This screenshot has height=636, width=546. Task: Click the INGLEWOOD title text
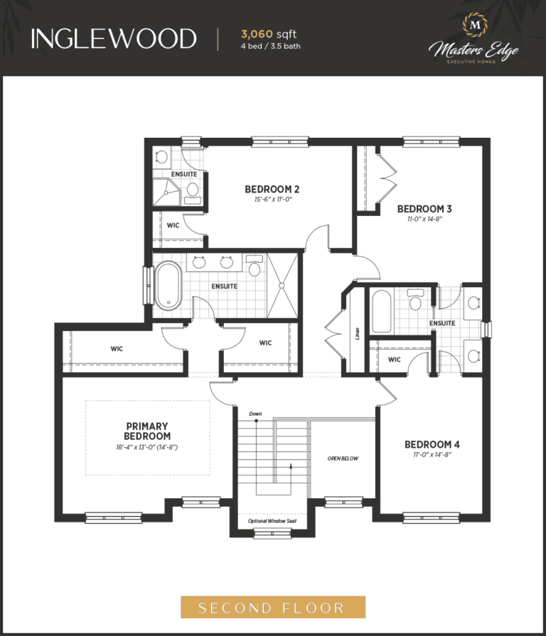coord(114,39)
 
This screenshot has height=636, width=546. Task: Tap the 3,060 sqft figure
coord(269,34)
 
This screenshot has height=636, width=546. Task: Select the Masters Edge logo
coord(473,39)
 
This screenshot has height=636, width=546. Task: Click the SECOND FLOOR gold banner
coord(273,607)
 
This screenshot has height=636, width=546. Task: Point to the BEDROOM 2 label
coord(272,189)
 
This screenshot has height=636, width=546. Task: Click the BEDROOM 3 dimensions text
coord(424,219)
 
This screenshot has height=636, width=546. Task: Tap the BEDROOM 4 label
coord(432,445)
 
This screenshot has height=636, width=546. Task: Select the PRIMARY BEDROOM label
coord(147,431)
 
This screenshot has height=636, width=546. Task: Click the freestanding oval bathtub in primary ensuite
coord(168,286)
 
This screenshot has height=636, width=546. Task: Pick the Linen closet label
coord(357,334)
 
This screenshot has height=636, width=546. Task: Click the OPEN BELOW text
coord(343,458)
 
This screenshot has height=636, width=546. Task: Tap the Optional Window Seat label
coord(272,521)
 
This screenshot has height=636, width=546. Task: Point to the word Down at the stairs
coord(255,414)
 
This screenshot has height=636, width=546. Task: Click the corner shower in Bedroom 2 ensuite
coord(166,192)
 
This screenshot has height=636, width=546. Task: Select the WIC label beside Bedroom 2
coord(173,225)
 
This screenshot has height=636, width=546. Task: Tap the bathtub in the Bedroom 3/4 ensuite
coord(381,311)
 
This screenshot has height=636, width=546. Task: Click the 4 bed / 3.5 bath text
coord(271,46)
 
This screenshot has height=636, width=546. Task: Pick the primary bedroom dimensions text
coord(147,448)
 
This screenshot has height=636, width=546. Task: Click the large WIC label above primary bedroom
coord(117,349)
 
